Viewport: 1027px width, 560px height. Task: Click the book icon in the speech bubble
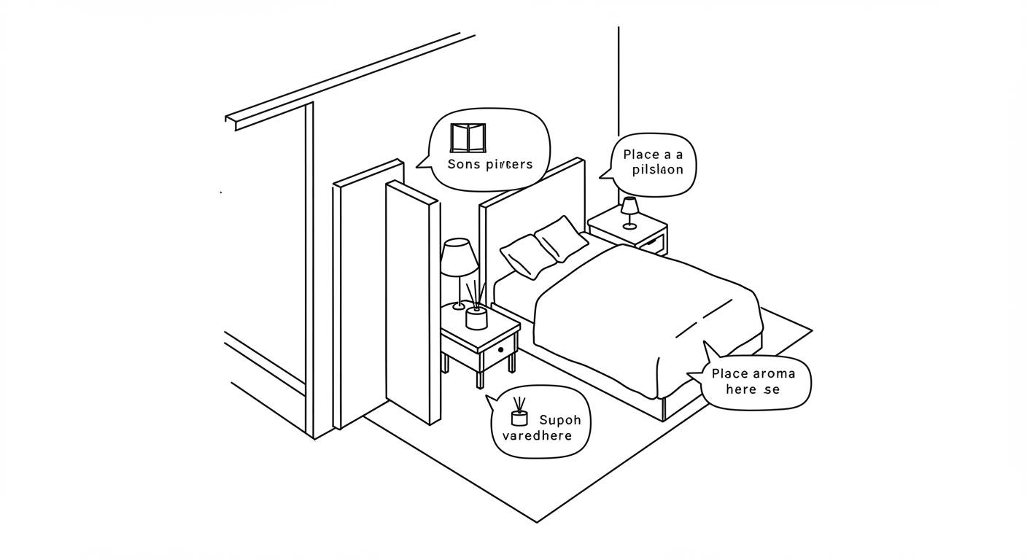[x=468, y=138]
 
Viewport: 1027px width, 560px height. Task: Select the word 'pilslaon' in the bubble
[x=657, y=170]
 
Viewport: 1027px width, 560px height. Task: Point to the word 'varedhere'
[x=538, y=436]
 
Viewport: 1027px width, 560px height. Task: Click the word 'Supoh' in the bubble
[x=560, y=420]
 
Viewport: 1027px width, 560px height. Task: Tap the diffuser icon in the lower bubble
[x=519, y=413]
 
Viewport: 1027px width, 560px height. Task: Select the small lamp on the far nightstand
[x=629, y=211]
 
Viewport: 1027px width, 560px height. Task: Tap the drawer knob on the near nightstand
[x=501, y=351]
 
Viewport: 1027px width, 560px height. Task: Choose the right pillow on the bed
[x=562, y=238]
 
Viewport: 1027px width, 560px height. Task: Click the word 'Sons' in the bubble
[x=465, y=164]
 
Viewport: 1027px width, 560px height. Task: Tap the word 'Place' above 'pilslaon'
[x=642, y=155]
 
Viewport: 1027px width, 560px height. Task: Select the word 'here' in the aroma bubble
[x=741, y=389]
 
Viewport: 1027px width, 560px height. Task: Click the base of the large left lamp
[x=459, y=306]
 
